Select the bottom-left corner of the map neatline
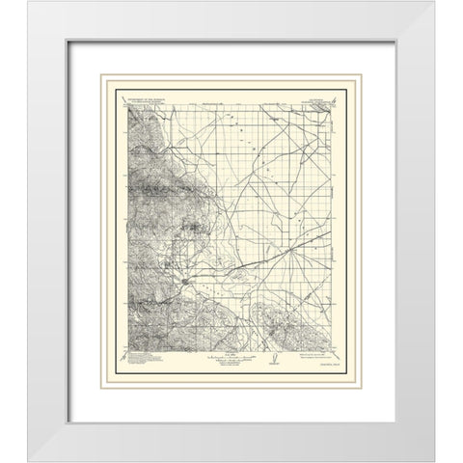[126, 349]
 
